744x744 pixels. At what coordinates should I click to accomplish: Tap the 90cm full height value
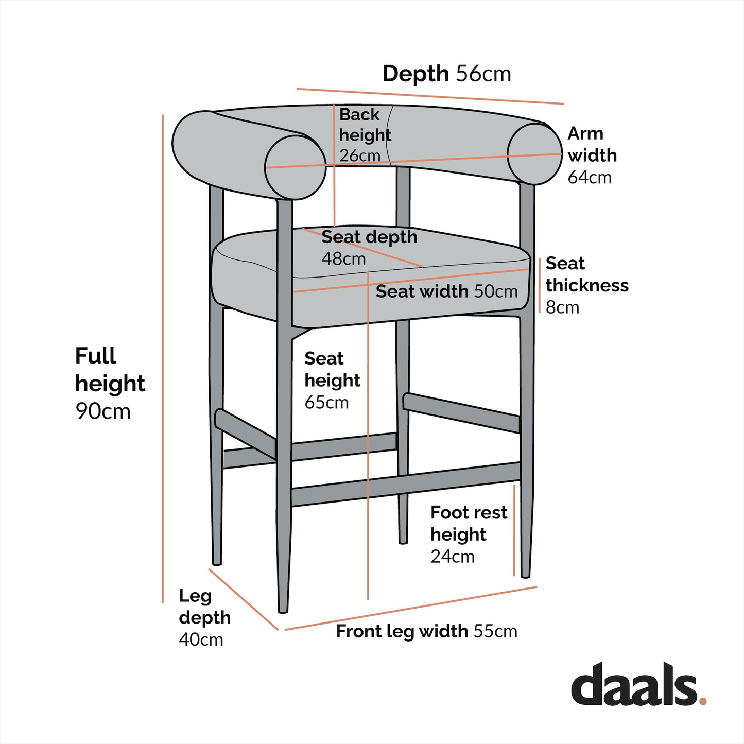pyautogui.click(x=103, y=411)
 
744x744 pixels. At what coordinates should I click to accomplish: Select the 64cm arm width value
pyautogui.click(x=590, y=178)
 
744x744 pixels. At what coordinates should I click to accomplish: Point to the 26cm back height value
pyautogui.click(x=360, y=155)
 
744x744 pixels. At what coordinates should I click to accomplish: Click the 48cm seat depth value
pyautogui.click(x=343, y=258)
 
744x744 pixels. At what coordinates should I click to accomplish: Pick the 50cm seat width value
pyautogui.click(x=495, y=291)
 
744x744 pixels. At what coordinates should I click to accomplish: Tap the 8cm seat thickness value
pyautogui.click(x=562, y=307)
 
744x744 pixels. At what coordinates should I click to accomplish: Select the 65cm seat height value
pyautogui.click(x=326, y=402)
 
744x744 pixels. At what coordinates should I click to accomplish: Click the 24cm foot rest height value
pyautogui.click(x=452, y=557)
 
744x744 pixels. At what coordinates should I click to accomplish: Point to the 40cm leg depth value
pyautogui.click(x=201, y=640)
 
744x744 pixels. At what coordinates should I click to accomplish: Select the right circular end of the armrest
pyautogui.click(x=534, y=153)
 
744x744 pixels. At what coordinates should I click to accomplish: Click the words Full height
pyautogui.click(x=110, y=370)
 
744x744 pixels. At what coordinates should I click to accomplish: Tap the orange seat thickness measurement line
pyautogui.click(x=539, y=286)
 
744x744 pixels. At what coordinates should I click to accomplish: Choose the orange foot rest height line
pyautogui.click(x=514, y=530)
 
